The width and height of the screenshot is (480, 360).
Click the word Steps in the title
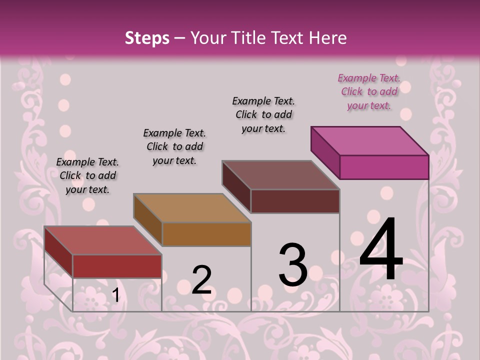(x=147, y=38)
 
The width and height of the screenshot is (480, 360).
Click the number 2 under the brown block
(x=201, y=279)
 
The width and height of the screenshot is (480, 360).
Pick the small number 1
(x=115, y=295)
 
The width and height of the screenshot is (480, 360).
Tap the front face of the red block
(x=117, y=266)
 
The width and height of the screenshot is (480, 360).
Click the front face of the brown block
(x=206, y=234)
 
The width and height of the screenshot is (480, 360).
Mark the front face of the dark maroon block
(x=295, y=201)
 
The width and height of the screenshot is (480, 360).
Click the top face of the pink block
(x=369, y=140)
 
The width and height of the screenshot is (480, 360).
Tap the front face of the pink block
(x=384, y=167)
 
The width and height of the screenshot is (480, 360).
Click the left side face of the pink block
(x=325, y=152)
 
